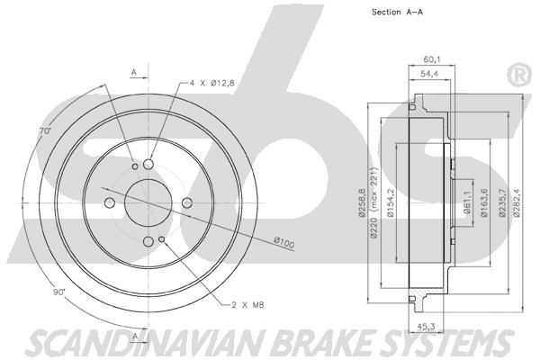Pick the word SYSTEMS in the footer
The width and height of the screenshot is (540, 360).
(x=441, y=341)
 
